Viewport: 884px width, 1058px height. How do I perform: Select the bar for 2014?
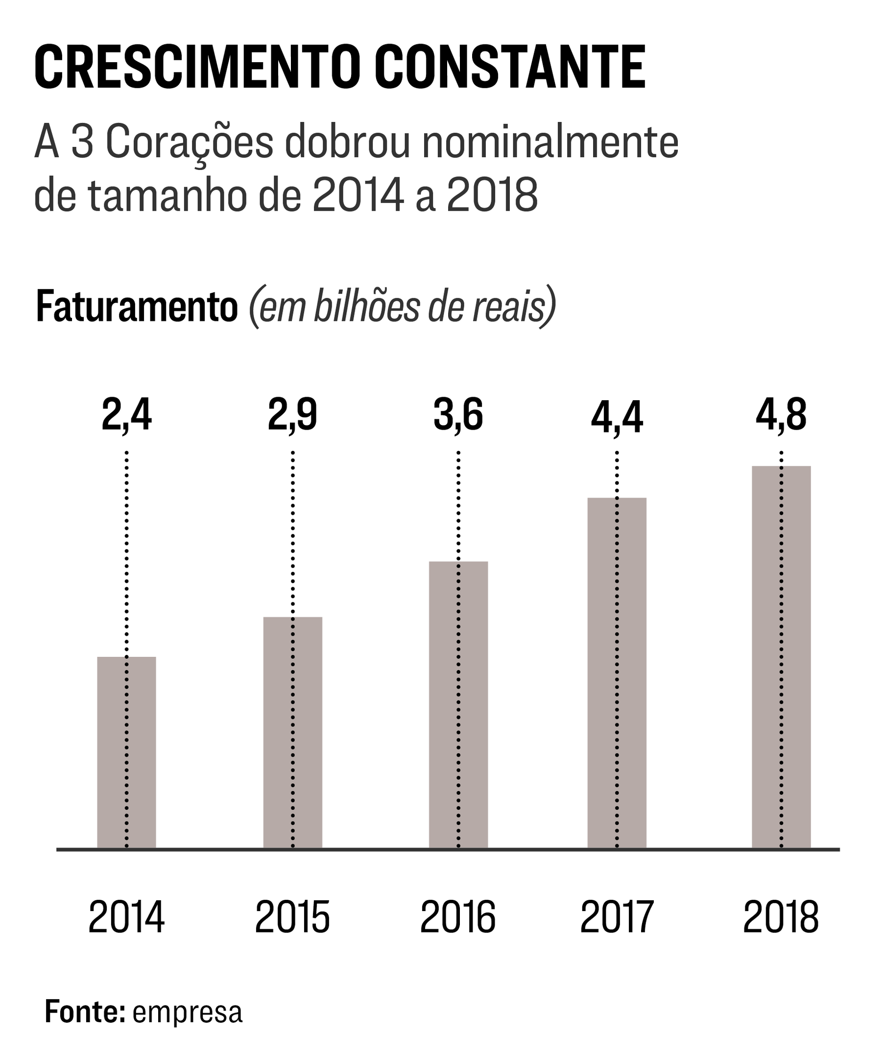126,752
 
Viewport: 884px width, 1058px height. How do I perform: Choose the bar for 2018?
781,656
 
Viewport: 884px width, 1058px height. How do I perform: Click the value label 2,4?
126,415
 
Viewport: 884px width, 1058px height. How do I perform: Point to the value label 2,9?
293,415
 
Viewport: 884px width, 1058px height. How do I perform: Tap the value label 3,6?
458,415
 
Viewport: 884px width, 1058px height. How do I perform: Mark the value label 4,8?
781,415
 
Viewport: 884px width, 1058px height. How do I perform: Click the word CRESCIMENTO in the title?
197,67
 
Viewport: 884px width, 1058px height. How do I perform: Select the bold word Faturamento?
137,307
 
